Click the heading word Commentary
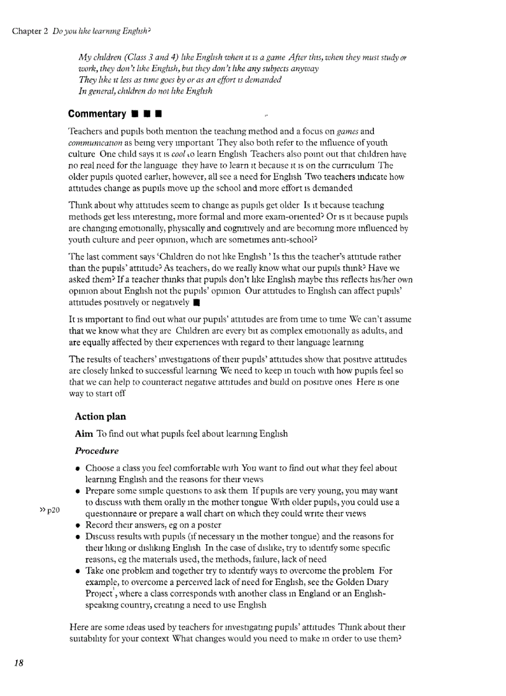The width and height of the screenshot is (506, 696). point(97,114)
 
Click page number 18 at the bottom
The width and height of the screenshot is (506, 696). point(19,663)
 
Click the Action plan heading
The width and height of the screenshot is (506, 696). point(100,416)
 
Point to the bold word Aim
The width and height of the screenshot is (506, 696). point(84,433)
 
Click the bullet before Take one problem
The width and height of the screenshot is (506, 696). point(79,571)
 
